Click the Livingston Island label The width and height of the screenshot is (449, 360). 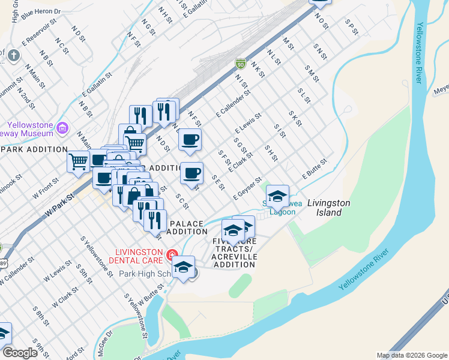coord(329,208)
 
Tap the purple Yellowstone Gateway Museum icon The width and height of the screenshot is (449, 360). coord(62,127)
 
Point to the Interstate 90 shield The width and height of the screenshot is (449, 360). coord(240,64)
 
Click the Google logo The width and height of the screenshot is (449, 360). coord(20,353)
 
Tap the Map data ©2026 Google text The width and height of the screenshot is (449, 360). coord(412,355)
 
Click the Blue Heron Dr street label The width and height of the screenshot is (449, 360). coord(41,11)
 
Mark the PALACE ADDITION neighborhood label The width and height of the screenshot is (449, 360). coord(187,227)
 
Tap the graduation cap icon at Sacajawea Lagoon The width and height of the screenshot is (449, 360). coord(277,196)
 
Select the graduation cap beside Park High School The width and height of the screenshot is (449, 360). coord(184,267)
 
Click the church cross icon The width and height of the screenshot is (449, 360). coord(13,55)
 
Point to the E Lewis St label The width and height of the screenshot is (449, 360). coord(248,122)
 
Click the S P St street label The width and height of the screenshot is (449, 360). coord(351,27)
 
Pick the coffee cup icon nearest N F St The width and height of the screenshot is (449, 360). coord(190,140)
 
